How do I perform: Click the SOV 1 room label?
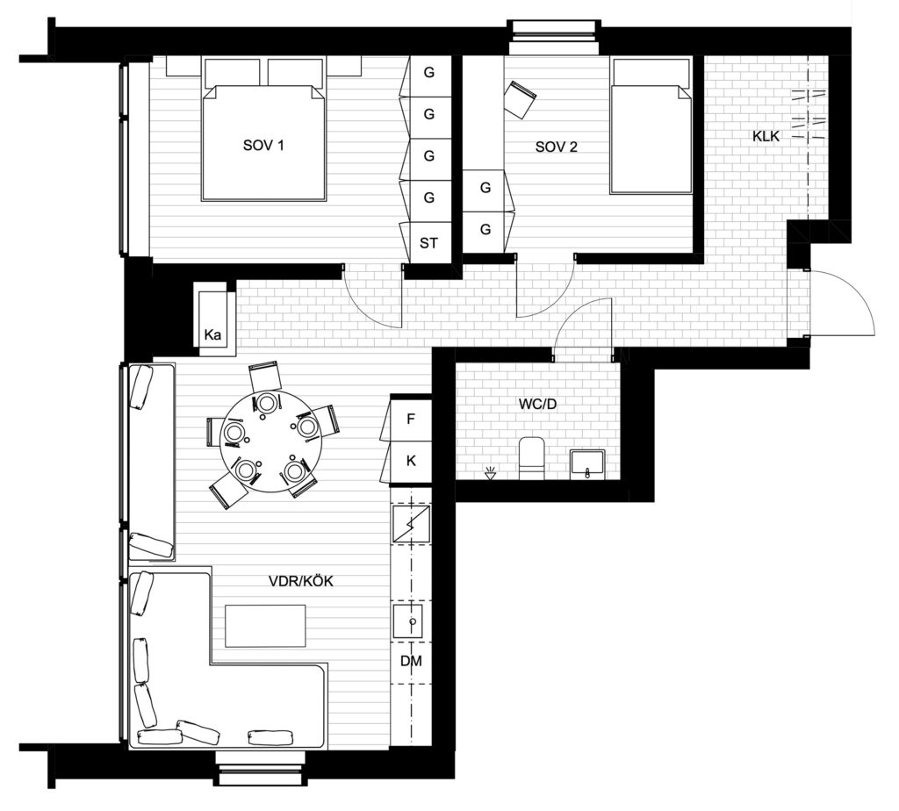(x=263, y=145)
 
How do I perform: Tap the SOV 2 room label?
(x=556, y=147)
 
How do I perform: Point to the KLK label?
(x=766, y=136)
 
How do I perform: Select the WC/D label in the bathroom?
(x=537, y=404)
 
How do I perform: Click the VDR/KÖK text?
(x=301, y=581)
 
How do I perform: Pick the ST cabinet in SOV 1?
(x=428, y=243)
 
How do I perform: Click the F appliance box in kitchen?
(x=411, y=420)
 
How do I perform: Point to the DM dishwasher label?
(x=411, y=662)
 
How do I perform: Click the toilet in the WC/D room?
(x=531, y=457)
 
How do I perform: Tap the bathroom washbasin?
(x=587, y=463)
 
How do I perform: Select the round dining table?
(x=270, y=441)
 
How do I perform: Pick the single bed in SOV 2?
(x=651, y=126)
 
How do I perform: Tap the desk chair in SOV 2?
(x=520, y=99)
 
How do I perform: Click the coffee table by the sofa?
(x=265, y=626)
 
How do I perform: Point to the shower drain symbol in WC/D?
(x=490, y=473)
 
